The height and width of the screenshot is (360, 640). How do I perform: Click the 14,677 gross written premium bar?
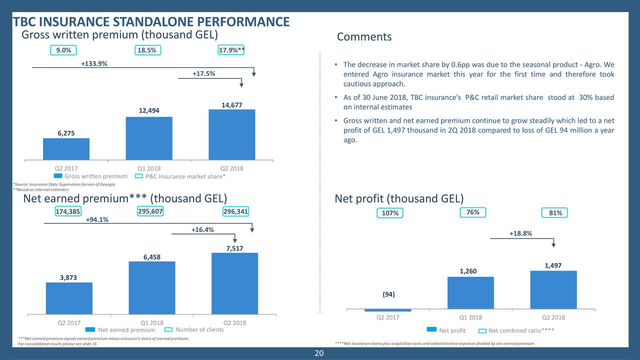pyautogui.click(x=232, y=134)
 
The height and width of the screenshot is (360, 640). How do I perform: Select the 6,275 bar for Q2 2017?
pyautogui.click(x=66, y=148)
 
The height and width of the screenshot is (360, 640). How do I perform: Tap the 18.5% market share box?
pyautogui.click(x=148, y=50)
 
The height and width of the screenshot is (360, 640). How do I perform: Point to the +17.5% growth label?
pyautogui.click(x=204, y=74)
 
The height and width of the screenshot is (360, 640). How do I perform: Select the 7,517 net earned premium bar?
pyautogui.click(x=234, y=283)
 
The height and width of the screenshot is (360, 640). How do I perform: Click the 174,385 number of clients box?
pyautogui.click(x=67, y=211)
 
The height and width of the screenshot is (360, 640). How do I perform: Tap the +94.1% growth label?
pyautogui.click(x=97, y=220)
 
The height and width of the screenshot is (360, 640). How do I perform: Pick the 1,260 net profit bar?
pyautogui.click(x=470, y=292)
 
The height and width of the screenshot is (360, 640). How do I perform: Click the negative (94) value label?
pyautogui.click(x=388, y=294)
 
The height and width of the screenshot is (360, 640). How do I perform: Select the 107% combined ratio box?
pyautogui.click(x=390, y=213)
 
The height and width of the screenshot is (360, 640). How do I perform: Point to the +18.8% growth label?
pyautogui.click(x=520, y=233)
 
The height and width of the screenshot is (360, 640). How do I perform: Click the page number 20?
pyautogui.click(x=319, y=354)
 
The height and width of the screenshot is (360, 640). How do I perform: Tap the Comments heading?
pyautogui.click(x=364, y=37)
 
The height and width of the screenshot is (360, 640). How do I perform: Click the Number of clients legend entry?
pyautogui.click(x=199, y=329)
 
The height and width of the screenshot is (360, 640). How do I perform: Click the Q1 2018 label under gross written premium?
pyautogui.click(x=149, y=168)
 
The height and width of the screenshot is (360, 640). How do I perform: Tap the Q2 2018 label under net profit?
pyautogui.click(x=553, y=317)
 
